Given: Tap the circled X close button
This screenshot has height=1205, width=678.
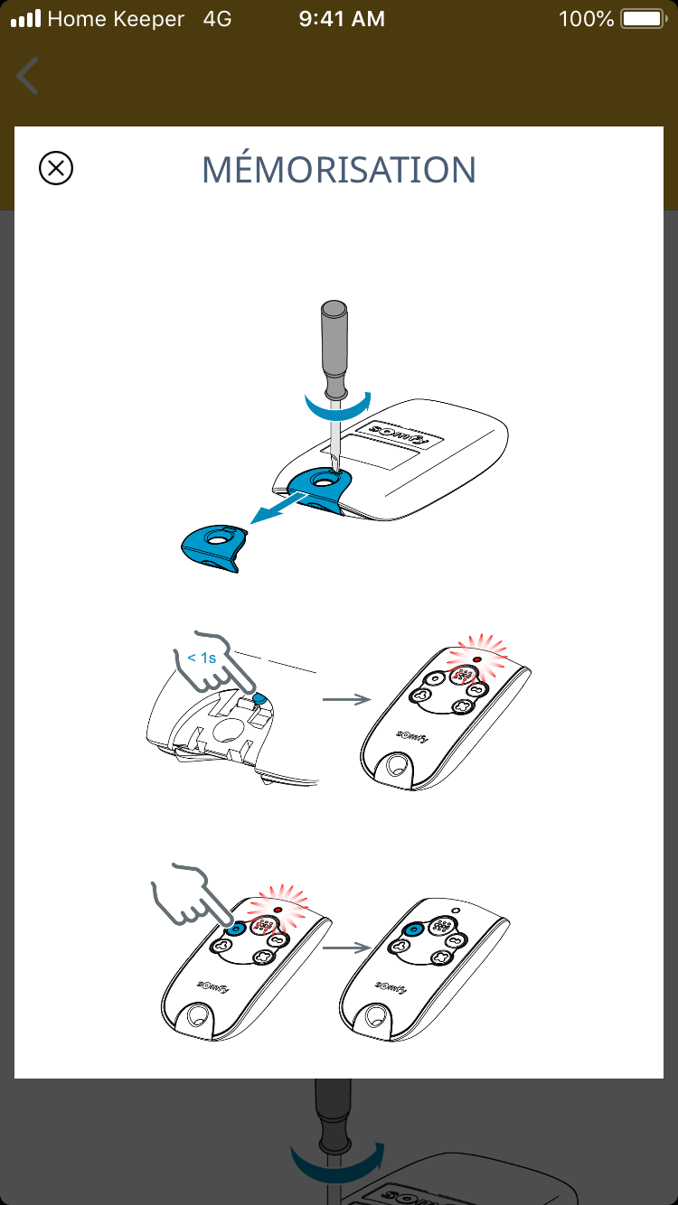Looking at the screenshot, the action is click(56, 168).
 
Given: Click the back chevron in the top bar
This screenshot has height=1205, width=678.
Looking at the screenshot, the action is click(27, 76).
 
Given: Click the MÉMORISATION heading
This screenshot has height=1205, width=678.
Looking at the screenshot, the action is click(339, 169).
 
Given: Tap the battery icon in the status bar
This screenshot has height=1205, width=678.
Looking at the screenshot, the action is click(644, 19).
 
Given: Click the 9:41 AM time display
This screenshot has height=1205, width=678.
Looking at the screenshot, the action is click(342, 19).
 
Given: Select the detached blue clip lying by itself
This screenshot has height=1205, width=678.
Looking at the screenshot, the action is click(214, 547).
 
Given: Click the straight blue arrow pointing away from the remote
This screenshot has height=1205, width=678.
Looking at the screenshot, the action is click(278, 509).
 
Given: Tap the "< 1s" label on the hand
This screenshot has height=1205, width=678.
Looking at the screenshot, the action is click(202, 658).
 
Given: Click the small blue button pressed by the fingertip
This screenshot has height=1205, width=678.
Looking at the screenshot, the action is click(259, 698).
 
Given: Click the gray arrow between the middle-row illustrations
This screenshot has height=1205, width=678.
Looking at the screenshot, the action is click(347, 699).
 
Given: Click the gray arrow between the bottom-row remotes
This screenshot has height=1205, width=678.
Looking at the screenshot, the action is click(347, 948).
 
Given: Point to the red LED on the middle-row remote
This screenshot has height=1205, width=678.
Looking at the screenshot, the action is click(477, 659).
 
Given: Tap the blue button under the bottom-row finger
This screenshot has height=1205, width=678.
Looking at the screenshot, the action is click(235, 929).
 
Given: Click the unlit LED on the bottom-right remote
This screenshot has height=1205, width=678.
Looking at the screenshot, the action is click(457, 911).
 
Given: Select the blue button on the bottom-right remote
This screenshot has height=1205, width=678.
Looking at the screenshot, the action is click(414, 929).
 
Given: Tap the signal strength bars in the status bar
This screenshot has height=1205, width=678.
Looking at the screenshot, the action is click(26, 18).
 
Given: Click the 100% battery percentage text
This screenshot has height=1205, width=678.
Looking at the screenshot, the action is click(586, 19).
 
